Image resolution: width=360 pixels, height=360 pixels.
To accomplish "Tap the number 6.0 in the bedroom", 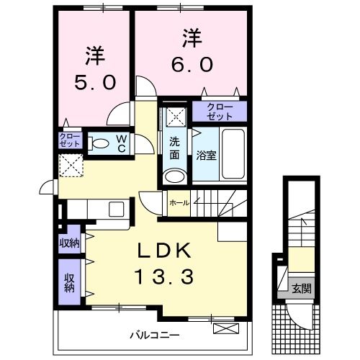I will point(191,64).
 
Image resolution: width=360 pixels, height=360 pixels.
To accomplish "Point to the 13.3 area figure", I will point(163,276).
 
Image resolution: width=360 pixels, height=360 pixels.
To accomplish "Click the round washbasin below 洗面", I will point(174,176).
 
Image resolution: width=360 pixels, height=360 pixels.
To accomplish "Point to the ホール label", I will point(179,203).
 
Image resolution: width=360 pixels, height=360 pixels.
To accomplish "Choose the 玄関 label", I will point(302,289).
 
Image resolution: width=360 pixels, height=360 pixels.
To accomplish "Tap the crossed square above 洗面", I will point(174,114).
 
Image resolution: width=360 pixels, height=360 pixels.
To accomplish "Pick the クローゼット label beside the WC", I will point(70,140).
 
